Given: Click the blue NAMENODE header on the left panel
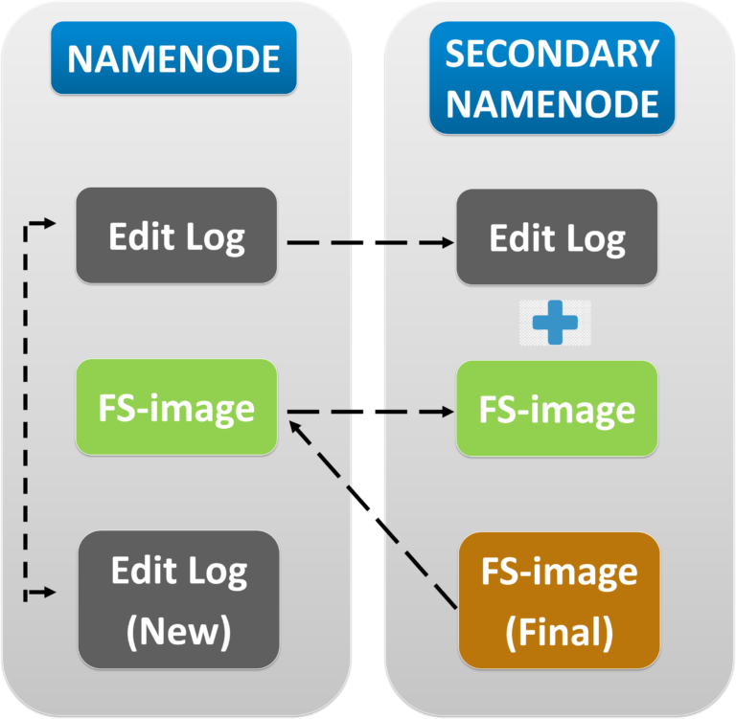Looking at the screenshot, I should [x=173, y=58].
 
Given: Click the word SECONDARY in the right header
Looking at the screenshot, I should [x=552, y=55].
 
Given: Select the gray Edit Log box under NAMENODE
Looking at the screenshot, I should [x=176, y=236].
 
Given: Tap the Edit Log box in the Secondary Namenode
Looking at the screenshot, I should [x=557, y=236].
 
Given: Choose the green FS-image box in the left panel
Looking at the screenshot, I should [x=176, y=407].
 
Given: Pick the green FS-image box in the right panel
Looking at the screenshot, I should [x=557, y=409].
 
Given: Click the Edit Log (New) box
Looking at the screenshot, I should [x=178, y=600].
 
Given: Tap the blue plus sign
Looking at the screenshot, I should [x=556, y=323].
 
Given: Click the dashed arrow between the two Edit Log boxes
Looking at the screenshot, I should [x=364, y=242].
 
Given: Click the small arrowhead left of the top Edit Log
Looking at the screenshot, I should [x=49, y=224].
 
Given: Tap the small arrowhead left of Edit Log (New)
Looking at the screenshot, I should [x=49, y=594].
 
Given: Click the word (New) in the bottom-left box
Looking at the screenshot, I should [x=178, y=631].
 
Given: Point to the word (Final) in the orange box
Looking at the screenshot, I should [x=560, y=631].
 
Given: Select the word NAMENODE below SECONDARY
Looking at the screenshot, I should [x=552, y=102].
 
